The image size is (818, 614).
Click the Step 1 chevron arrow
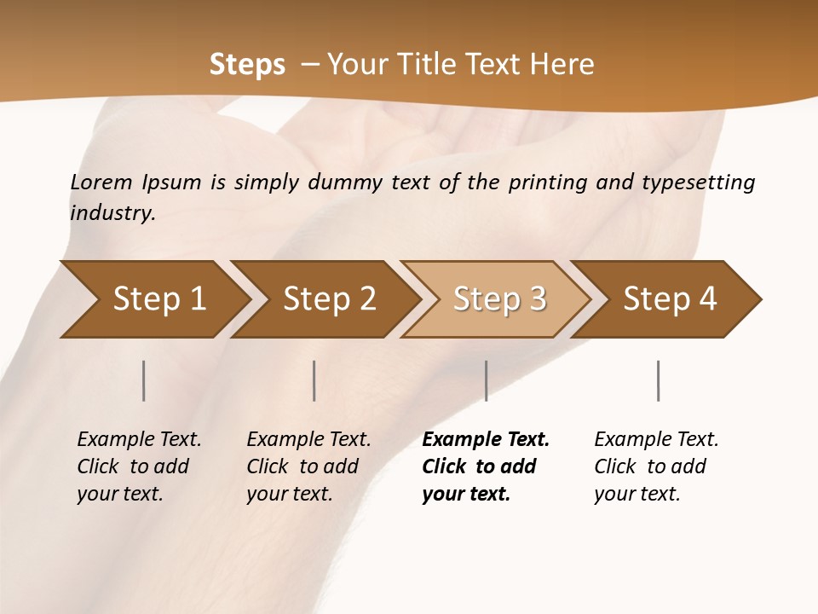click(x=158, y=299)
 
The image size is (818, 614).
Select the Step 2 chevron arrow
click(x=329, y=299)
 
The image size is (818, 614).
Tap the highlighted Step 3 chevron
click(x=499, y=299)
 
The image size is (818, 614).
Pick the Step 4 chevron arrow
click(x=670, y=299)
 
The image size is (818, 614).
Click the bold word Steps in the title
click(x=247, y=65)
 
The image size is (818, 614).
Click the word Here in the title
click(x=562, y=65)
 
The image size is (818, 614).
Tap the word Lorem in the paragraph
click(x=101, y=182)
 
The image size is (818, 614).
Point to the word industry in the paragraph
click(x=112, y=212)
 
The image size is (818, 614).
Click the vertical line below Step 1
click(x=144, y=380)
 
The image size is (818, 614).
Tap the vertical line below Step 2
click(x=314, y=380)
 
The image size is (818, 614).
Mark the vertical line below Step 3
click(x=487, y=380)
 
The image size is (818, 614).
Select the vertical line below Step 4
click(x=659, y=380)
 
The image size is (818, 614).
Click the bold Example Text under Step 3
click(x=486, y=439)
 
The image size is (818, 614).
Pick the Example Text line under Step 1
click(x=139, y=439)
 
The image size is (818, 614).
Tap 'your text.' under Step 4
click(x=637, y=494)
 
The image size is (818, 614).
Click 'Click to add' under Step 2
click(x=302, y=466)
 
